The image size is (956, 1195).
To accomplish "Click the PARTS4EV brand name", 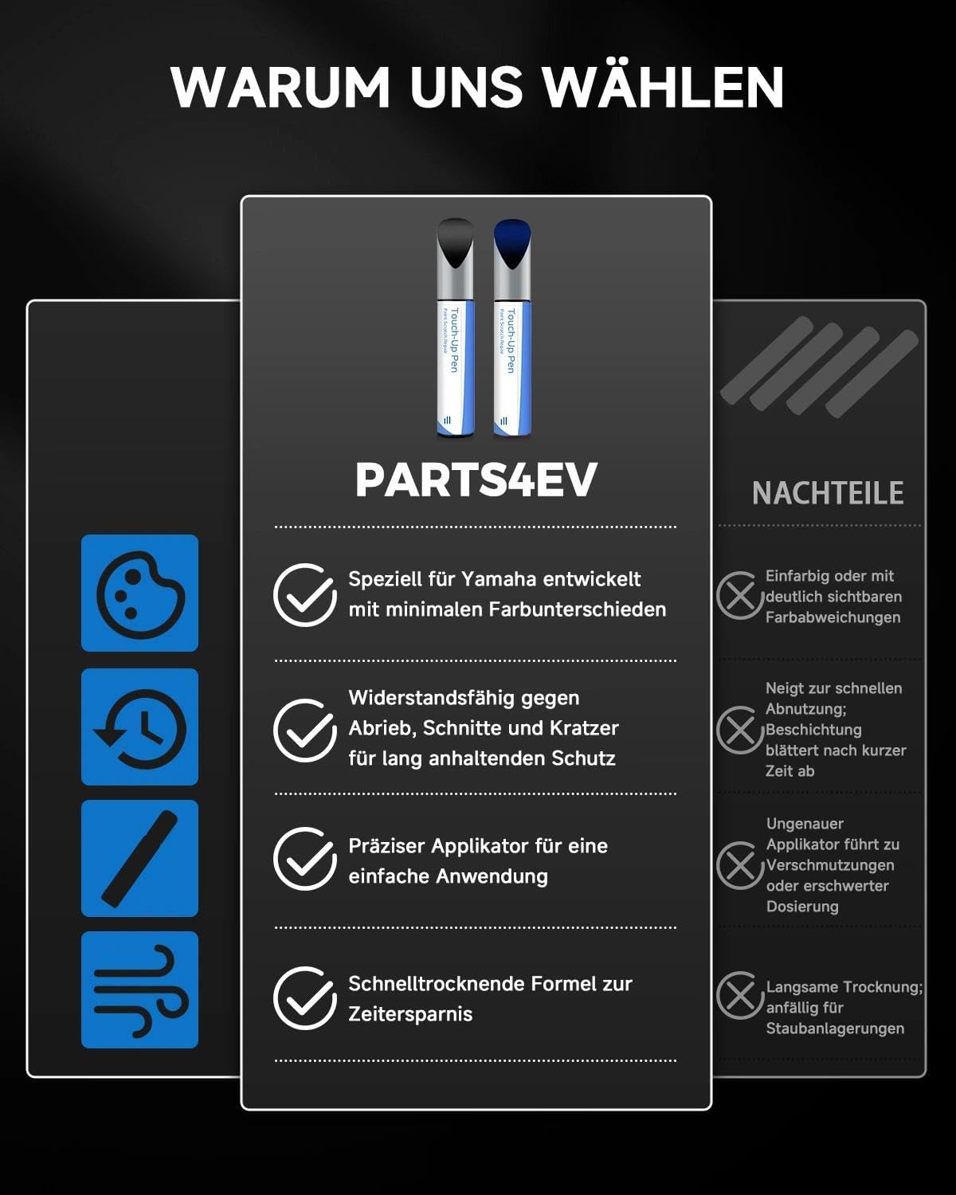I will (476, 480).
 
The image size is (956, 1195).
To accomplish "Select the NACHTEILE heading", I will (828, 493).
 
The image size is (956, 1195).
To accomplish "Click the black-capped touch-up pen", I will (455, 327).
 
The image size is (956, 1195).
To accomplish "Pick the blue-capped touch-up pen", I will (511, 327).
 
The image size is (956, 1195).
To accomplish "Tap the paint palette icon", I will (140, 594).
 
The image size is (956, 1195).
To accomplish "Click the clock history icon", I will (140, 727).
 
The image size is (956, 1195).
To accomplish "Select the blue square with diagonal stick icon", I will (140, 859).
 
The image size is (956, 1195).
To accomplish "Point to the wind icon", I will (140, 990).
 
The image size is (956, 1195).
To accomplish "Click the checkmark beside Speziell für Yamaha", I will (304, 595).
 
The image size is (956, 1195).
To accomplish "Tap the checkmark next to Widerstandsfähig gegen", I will (304, 730).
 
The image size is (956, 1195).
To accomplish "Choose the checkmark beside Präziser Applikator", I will (304, 859).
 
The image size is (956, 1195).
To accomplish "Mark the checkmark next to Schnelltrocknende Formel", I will (304, 998).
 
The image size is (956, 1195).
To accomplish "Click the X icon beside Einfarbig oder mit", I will (739, 596).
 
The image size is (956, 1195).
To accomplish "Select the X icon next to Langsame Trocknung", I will (739, 995).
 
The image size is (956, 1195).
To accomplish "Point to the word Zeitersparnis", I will (410, 1014).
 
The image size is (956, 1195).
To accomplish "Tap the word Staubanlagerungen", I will (835, 1028).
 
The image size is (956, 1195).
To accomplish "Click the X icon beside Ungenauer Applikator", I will (739, 865).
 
